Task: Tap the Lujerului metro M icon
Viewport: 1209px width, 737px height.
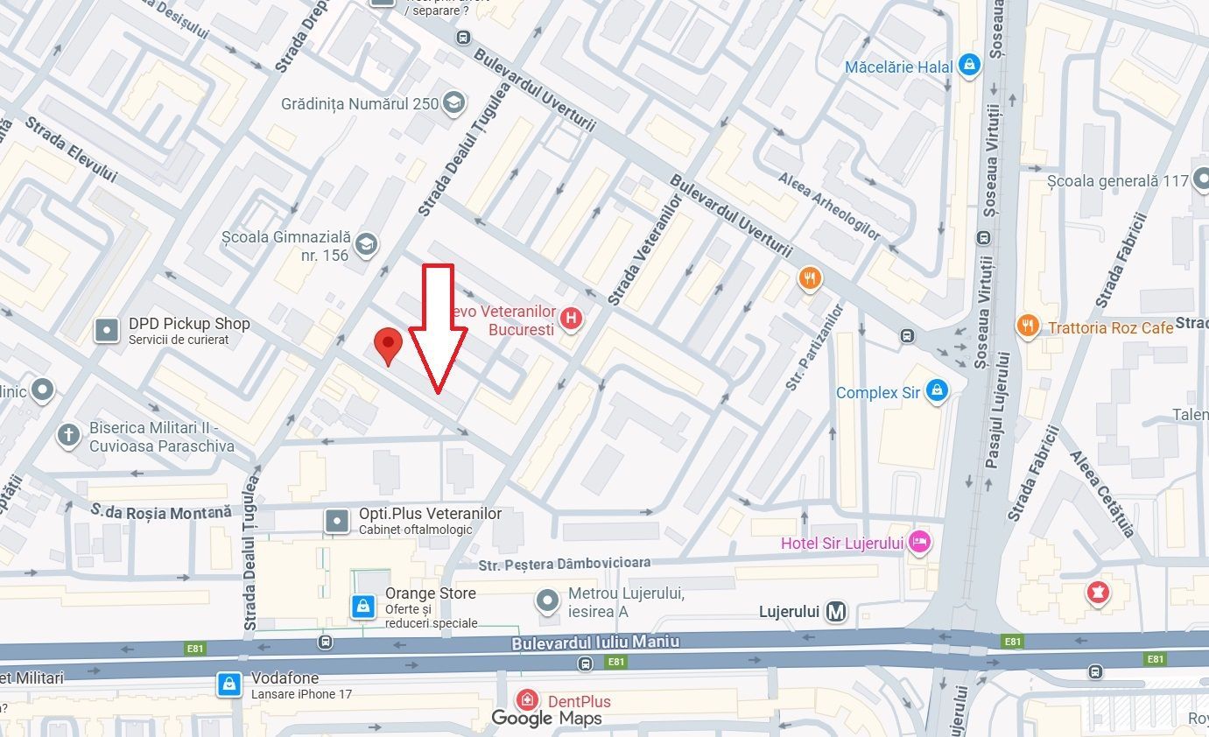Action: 837,612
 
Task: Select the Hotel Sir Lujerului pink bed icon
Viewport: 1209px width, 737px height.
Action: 919,543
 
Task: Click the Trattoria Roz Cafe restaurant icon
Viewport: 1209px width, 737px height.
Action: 1027,327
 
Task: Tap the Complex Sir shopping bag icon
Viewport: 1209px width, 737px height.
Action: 937,390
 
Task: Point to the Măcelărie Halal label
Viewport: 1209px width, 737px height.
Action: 898,67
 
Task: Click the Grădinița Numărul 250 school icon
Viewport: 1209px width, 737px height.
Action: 453,103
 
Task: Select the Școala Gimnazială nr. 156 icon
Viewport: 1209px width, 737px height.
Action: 366,245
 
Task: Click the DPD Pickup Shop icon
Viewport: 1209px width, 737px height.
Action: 107,330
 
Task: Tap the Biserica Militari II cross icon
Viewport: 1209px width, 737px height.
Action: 68,435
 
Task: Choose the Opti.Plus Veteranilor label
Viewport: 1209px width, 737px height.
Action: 430,514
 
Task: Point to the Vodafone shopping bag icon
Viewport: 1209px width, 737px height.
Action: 229,684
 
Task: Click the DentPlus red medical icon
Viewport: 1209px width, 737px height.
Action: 527,700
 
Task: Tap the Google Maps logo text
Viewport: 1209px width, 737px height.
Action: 546,719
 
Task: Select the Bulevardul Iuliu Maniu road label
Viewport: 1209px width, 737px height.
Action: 595,642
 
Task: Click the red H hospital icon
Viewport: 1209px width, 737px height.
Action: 572,319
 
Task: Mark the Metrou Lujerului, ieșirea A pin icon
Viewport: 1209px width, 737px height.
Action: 548,601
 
